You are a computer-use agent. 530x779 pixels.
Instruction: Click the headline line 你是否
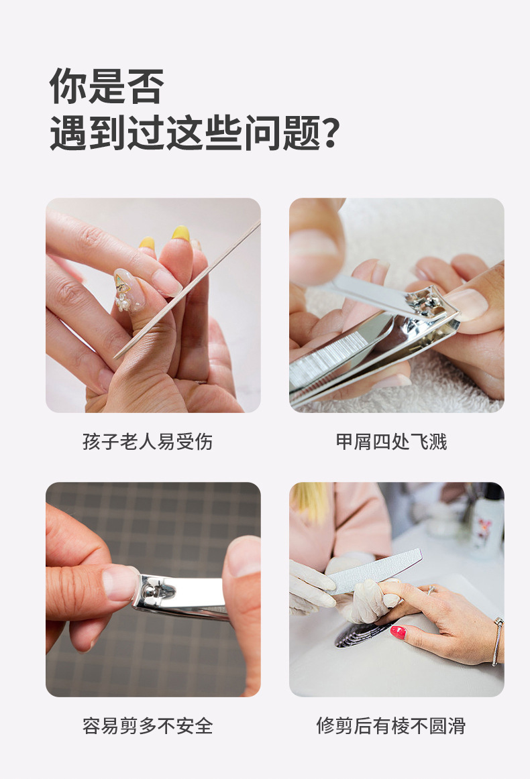(107, 86)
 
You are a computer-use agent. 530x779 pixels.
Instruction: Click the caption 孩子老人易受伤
(148, 442)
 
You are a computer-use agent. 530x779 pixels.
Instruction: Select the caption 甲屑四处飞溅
(391, 442)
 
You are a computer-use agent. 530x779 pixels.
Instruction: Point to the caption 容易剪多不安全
(148, 726)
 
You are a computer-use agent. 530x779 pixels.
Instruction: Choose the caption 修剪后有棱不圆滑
(391, 726)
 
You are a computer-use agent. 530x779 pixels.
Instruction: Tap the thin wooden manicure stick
(187, 289)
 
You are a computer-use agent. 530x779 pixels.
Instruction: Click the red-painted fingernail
(398, 632)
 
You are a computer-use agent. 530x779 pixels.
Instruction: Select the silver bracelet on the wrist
(496, 641)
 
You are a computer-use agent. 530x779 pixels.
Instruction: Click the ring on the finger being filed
(431, 590)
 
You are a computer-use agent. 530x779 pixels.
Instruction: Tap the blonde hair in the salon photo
(310, 501)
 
